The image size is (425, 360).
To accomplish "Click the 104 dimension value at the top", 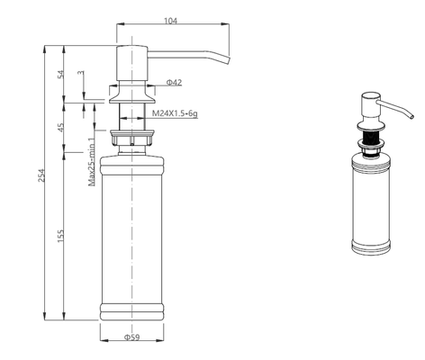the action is (170, 21).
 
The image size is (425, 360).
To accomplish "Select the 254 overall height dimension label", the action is (41, 175).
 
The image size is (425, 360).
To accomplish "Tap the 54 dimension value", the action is (61, 74).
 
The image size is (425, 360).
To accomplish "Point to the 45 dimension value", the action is (61, 128).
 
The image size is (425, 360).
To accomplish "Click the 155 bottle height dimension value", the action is (61, 236).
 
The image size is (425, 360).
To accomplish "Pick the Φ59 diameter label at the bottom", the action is (132, 337).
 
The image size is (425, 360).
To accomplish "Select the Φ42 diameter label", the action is (174, 82).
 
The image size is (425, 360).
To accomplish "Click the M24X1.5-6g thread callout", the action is (175, 113).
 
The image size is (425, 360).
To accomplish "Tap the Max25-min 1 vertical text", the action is (92, 162).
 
